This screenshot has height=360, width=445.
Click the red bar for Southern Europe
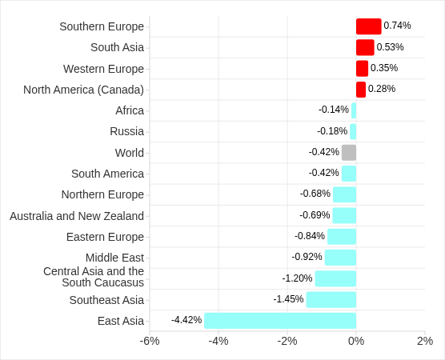coord(368,26)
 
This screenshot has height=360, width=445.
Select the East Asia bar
coord(280,321)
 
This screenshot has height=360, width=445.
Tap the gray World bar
coord(349,153)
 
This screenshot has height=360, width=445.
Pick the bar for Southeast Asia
coord(331,299)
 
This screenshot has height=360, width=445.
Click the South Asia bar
coord(365,47)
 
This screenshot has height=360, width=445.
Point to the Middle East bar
coord(340,258)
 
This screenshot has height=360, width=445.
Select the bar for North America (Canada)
coord(361,90)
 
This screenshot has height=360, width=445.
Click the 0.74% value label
coord(398,26)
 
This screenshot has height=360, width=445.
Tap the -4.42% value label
coord(186,320)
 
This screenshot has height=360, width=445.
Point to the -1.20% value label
coord(297,278)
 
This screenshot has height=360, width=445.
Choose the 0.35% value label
coord(384,68)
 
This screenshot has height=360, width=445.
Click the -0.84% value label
coord(310,236)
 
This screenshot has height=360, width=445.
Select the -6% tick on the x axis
coord(150,341)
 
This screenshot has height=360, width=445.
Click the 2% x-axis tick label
coord(425,341)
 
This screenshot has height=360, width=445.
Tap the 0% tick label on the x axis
coord(356,341)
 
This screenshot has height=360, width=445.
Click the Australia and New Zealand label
coord(77,216)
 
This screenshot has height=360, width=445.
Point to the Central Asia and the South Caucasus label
coord(94,277)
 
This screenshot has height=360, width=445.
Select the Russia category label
coord(127,131)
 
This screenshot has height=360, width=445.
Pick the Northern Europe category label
coord(102,194)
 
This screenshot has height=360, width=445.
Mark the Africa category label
coord(130,110)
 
